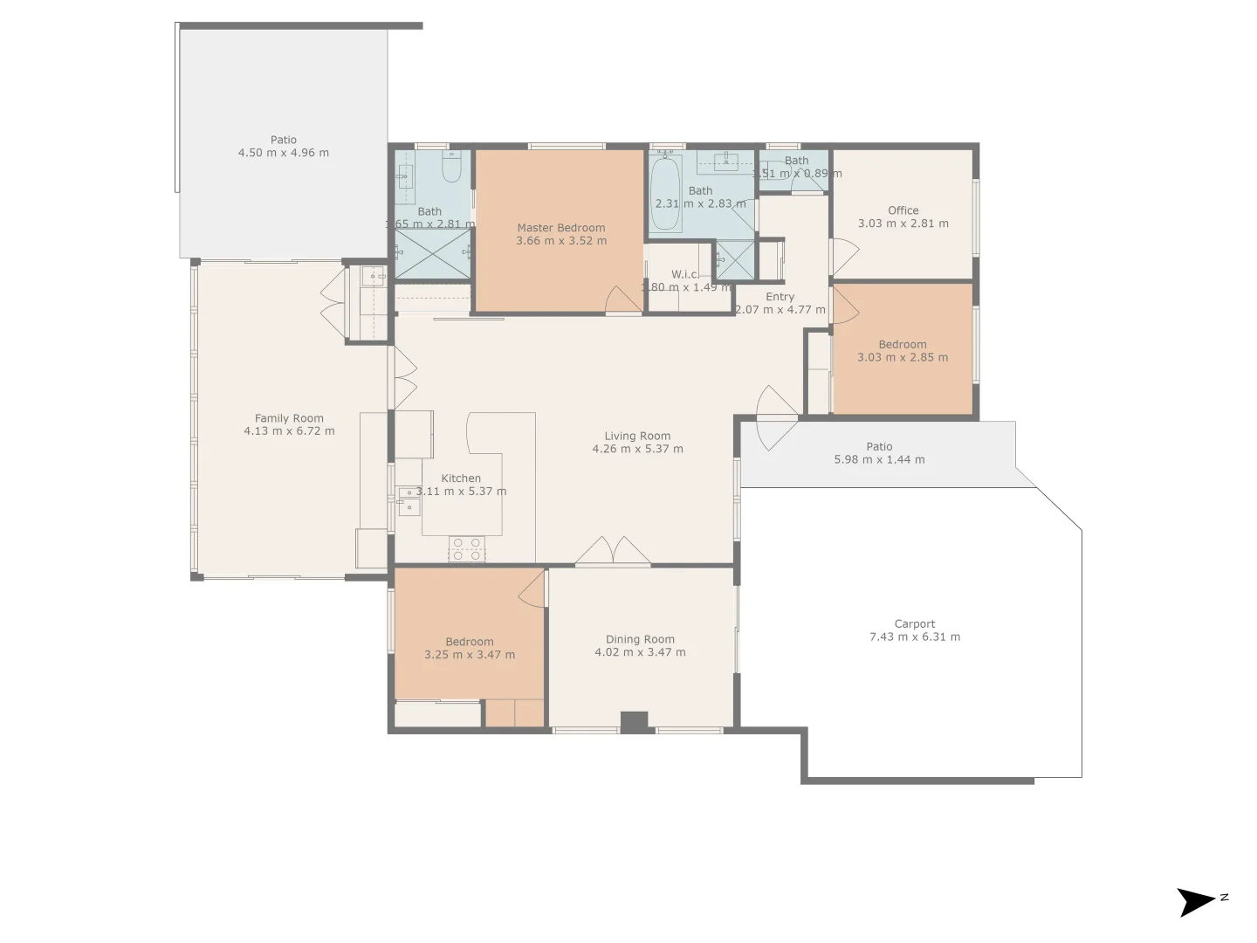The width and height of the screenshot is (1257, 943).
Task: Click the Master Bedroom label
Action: (x=560, y=228)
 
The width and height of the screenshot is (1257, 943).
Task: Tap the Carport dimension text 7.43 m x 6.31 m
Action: (x=914, y=637)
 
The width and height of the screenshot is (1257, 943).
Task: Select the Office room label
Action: (x=903, y=210)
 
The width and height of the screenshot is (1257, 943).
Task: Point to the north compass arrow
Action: (x=1196, y=901)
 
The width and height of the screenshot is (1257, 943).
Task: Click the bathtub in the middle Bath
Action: (x=666, y=193)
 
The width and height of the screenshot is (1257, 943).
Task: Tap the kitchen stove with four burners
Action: (x=466, y=549)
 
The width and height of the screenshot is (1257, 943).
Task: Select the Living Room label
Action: (x=637, y=437)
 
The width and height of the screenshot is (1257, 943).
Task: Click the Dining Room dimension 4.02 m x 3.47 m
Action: (x=640, y=652)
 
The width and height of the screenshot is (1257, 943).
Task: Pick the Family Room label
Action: (x=289, y=419)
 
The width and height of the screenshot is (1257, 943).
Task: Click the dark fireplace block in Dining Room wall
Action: (x=634, y=722)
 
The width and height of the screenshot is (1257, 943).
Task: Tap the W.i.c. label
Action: (x=685, y=274)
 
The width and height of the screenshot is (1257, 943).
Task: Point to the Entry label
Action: (x=780, y=297)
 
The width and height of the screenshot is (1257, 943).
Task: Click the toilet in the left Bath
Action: (x=451, y=167)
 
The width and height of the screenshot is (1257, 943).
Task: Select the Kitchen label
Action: (x=461, y=478)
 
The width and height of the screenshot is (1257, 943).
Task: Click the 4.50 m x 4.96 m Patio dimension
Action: (x=284, y=153)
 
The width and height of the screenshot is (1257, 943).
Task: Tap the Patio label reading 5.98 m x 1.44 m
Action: (x=879, y=459)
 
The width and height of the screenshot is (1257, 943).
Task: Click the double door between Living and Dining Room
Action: (x=613, y=553)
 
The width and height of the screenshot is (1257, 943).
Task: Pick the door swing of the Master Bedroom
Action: (x=623, y=299)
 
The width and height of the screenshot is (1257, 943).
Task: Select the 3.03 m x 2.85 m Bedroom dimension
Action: (x=903, y=357)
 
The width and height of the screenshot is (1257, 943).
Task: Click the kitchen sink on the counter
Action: (x=409, y=500)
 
